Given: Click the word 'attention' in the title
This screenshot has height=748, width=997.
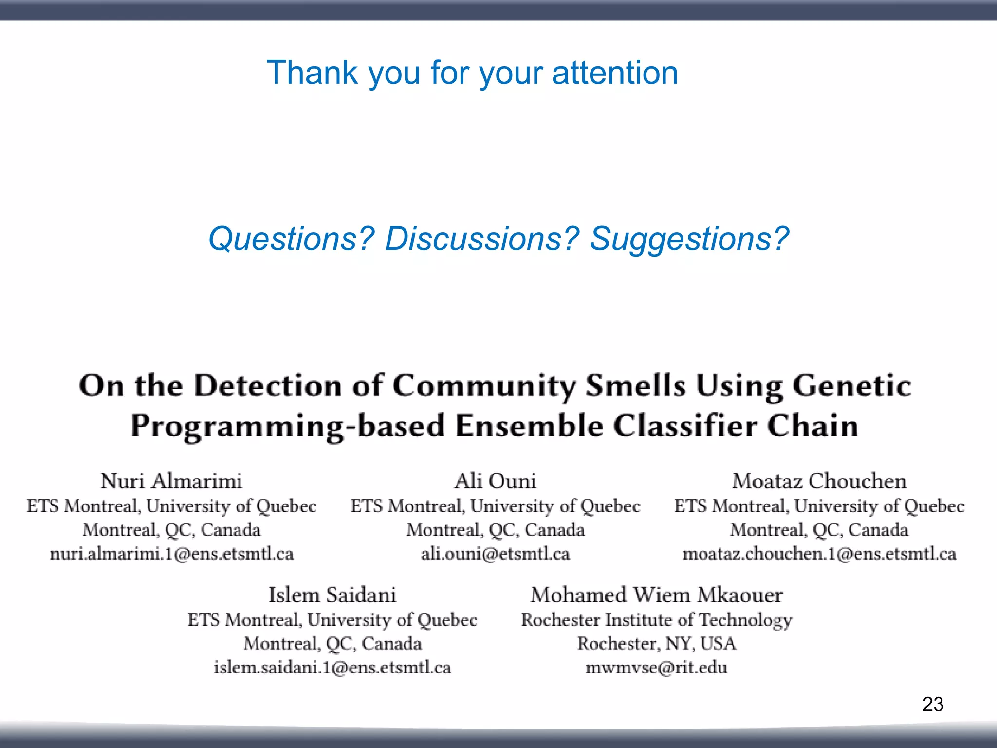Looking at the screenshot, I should pos(614,73).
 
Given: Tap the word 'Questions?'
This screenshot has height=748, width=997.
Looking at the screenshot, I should pos(291,239).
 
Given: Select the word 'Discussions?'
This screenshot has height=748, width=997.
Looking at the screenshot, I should pos(482,239).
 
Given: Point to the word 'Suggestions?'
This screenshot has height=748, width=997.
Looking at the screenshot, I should pos(689,239).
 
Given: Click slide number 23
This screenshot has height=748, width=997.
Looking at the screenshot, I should pos(933,704).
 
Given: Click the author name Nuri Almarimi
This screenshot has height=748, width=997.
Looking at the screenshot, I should pos(171,481).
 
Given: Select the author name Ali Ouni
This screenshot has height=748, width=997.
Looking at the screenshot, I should pos(495,481).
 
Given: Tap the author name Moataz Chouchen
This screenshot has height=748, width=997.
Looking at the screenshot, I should pos(819,481).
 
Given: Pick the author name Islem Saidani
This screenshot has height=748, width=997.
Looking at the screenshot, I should pos(332,595).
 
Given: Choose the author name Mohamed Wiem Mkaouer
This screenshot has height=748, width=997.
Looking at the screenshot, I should pos(657,595).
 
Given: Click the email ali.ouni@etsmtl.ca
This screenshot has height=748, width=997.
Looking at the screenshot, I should pos(495,554).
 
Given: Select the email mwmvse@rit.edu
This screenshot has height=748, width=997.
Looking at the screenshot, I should pos(657,668).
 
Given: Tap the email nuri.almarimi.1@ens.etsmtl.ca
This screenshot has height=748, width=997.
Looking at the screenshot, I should pos(171,554).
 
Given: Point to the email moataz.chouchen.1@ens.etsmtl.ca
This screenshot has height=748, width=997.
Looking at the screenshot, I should pos(819,554).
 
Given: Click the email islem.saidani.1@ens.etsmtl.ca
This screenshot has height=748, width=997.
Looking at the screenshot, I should pos(332,668).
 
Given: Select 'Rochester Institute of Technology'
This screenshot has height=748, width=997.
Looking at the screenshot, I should pos(657,620).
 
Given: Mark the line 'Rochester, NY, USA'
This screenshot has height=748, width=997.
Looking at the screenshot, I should pos(657,644).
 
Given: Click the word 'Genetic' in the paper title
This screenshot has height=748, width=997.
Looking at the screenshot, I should pos(852,386).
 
